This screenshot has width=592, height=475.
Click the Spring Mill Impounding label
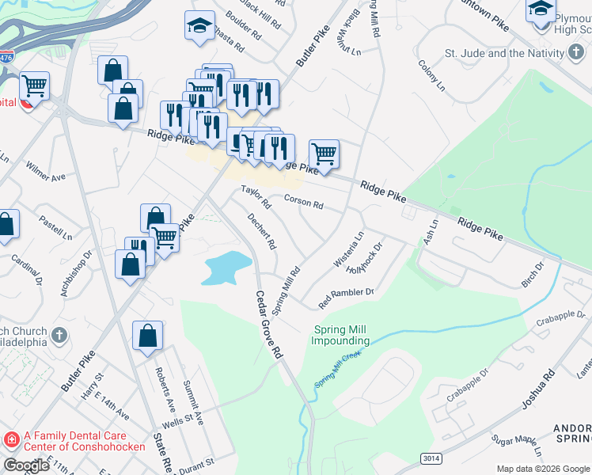340,336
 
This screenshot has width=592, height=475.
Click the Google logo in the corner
26,465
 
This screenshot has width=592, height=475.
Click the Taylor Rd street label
256,197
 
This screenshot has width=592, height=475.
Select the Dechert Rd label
261,231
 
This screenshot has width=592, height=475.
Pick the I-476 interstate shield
7,57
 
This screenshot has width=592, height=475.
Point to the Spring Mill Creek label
338,370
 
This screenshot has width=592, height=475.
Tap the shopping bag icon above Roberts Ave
148,336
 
